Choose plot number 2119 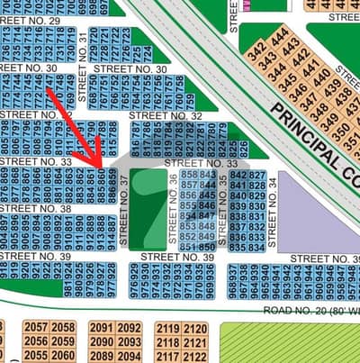(x=168, y=329)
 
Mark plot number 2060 (x=63, y=355)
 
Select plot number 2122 (x=195, y=355)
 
